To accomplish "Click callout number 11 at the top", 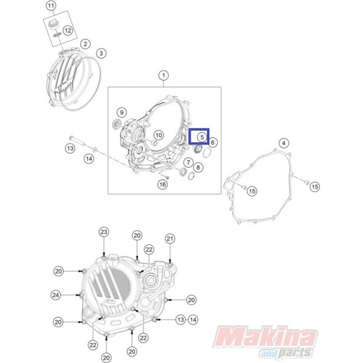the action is pos(51,5).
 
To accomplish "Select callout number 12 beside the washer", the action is pos(68,30).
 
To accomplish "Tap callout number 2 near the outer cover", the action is pos(85,44).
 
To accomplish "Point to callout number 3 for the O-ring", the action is pos(101,53).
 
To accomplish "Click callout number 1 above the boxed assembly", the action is pos(164,76).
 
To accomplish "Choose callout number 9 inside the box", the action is pos(122,113).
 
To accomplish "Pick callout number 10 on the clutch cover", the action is pos(159,135).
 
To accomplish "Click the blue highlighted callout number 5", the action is pos(202,137).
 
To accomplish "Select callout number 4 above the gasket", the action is pos(284,143).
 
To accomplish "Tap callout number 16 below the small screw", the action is pos(163,185).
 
